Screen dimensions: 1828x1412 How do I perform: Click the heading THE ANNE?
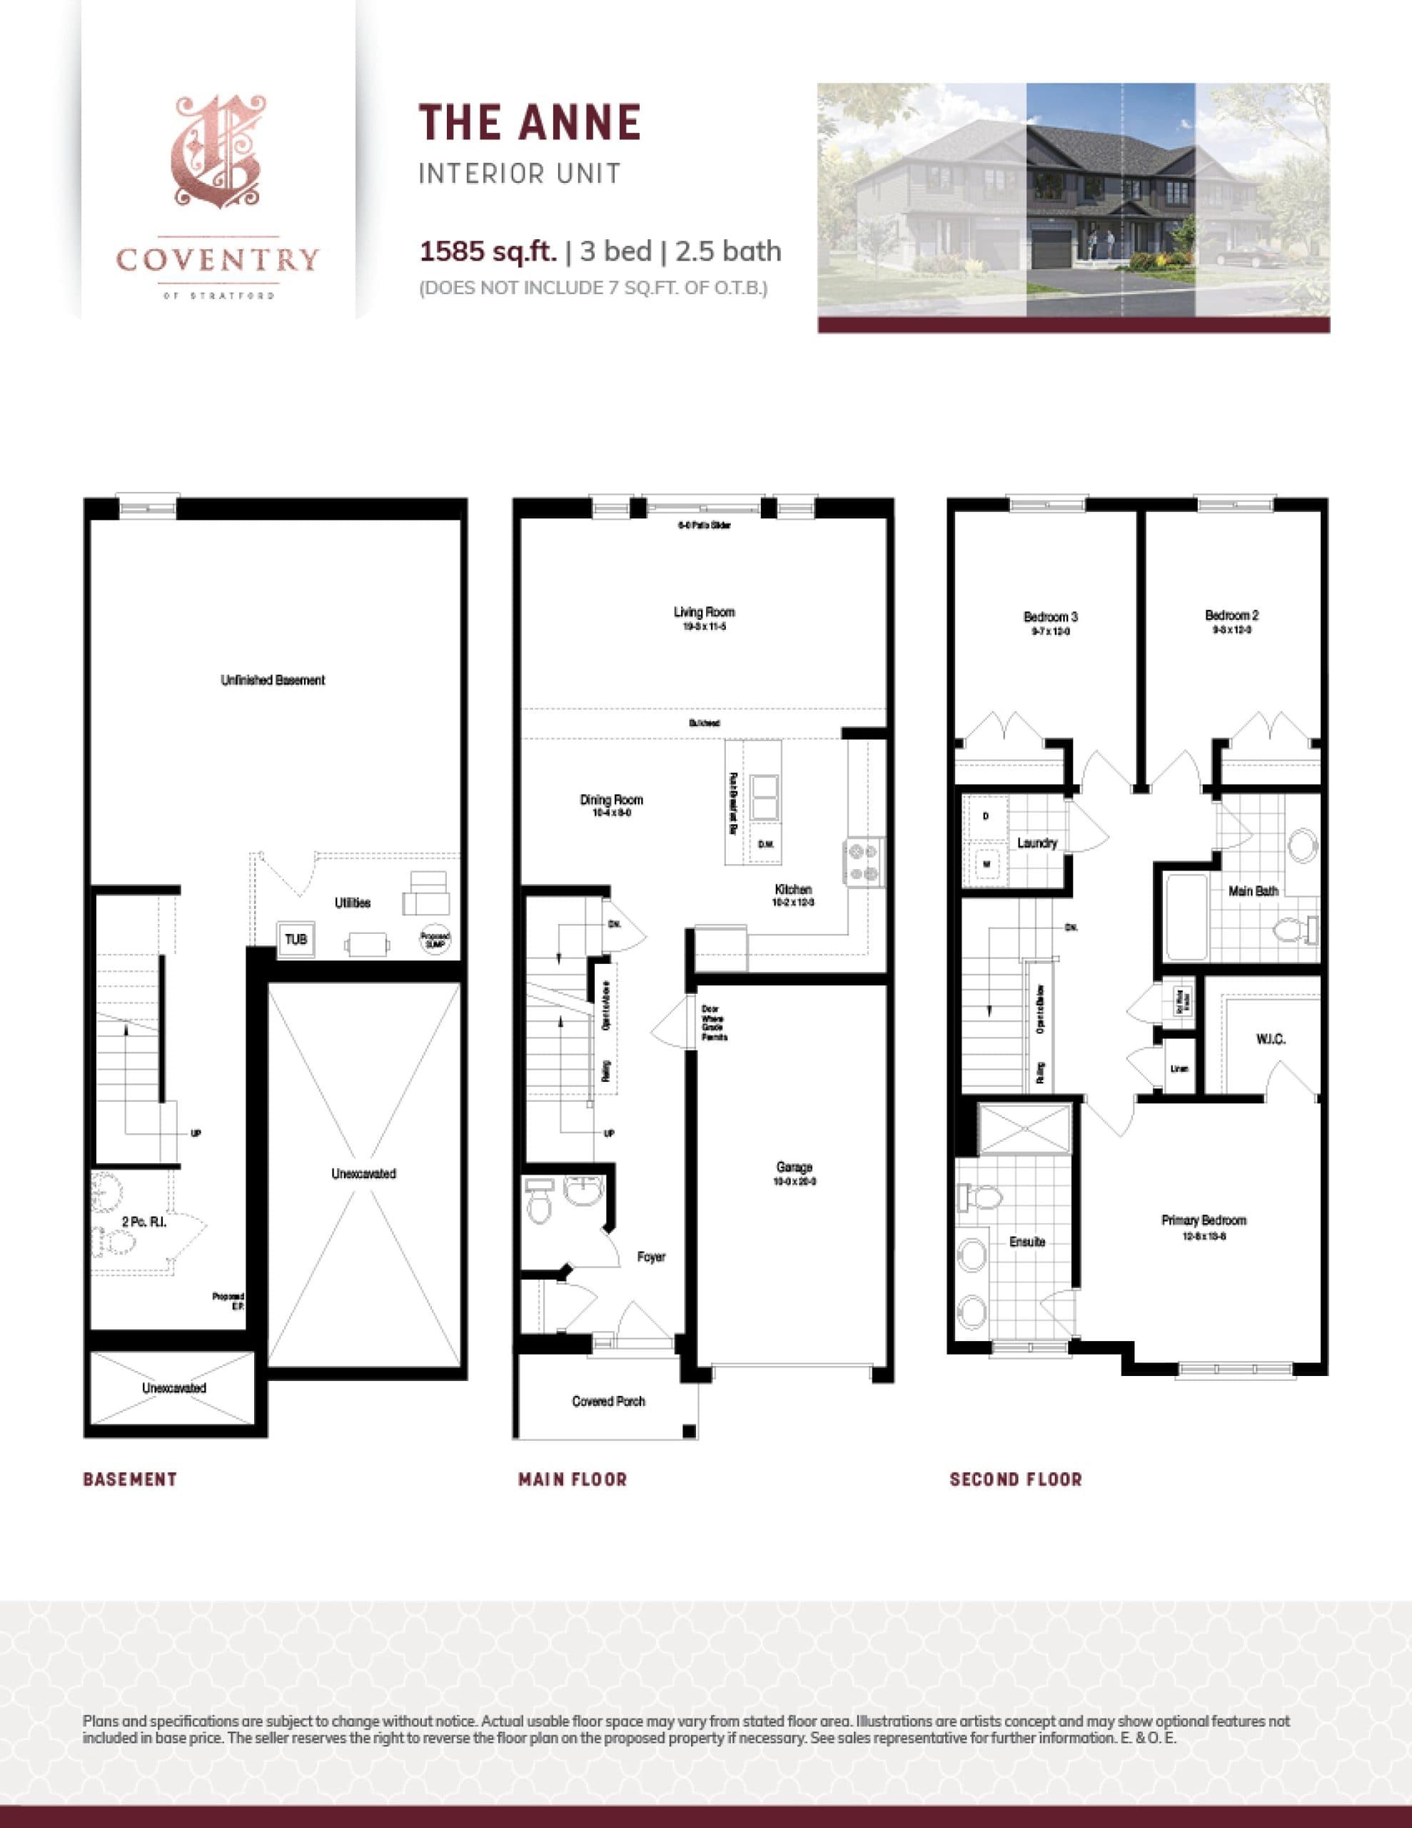click(x=530, y=122)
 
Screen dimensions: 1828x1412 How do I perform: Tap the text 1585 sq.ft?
click(x=488, y=251)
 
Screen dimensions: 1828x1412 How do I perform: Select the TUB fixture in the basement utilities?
click(x=296, y=940)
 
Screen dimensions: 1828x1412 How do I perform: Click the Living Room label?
click(x=704, y=612)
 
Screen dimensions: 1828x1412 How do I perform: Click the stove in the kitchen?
click(x=863, y=862)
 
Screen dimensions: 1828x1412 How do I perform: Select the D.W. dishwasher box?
click(x=766, y=845)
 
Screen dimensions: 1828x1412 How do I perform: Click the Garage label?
click(x=794, y=1167)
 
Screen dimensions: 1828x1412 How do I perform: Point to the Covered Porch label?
click(x=608, y=1401)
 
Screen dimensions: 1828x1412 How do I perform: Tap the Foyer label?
click(x=650, y=1257)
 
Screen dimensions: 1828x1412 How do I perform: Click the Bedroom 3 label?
click(x=1050, y=617)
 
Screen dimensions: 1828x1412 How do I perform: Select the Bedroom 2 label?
click(x=1232, y=616)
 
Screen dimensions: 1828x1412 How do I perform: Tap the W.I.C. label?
click(x=1270, y=1039)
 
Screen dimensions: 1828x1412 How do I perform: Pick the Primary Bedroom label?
click(x=1204, y=1220)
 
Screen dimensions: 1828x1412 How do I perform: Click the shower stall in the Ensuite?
click(x=1024, y=1131)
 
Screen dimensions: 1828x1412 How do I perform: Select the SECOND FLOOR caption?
click(x=1015, y=1479)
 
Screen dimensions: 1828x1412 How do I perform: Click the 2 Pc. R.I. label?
click(x=144, y=1222)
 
